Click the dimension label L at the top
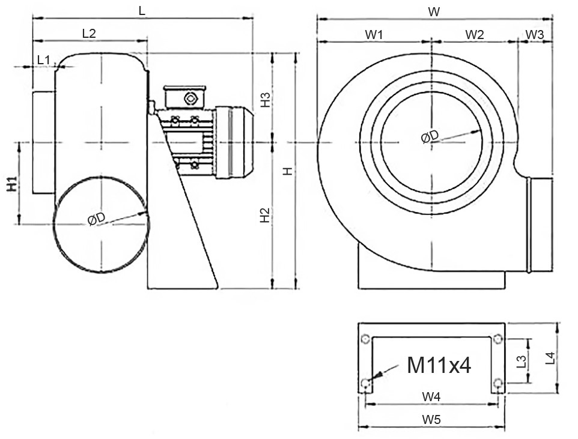(142, 11)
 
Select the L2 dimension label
(89, 34)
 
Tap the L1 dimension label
(44, 59)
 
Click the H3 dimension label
(265, 100)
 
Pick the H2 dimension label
(265, 216)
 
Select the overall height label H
(288, 171)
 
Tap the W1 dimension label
(374, 34)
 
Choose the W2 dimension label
(474, 34)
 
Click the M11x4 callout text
(439, 365)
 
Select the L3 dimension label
(522, 361)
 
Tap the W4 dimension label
(431, 396)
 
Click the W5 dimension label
(431, 420)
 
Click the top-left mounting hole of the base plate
(365, 340)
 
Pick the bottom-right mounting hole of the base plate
(497, 383)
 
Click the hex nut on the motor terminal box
(190, 98)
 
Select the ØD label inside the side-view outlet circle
(96, 220)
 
